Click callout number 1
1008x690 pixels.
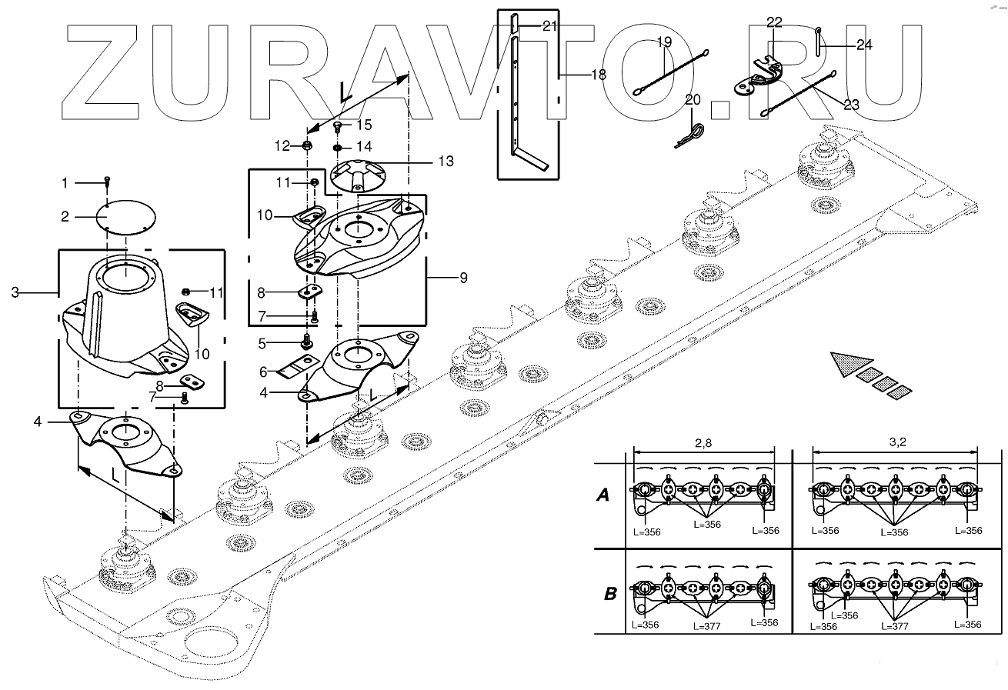pyautogui.click(x=65, y=183)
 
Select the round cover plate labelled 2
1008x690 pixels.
pyautogui.click(x=128, y=217)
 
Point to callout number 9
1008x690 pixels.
pyautogui.click(x=462, y=278)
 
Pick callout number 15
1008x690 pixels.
pyautogui.click(x=363, y=124)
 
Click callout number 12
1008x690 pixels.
pyautogui.click(x=284, y=145)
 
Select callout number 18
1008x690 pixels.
pyautogui.click(x=598, y=75)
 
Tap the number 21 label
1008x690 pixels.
pyautogui.click(x=549, y=26)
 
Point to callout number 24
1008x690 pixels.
pyautogui.click(x=863, y=45)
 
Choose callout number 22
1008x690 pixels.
pyautogui.click(x=773, y=21)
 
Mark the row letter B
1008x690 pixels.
pyautogui.click(x=610, y=593)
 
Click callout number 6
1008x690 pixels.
pyautogui.click(x=262, y=372)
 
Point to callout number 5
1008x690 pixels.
pyautogui.click(x=262, y=342)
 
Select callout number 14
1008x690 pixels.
pyautogui.click(x=363, y=146)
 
